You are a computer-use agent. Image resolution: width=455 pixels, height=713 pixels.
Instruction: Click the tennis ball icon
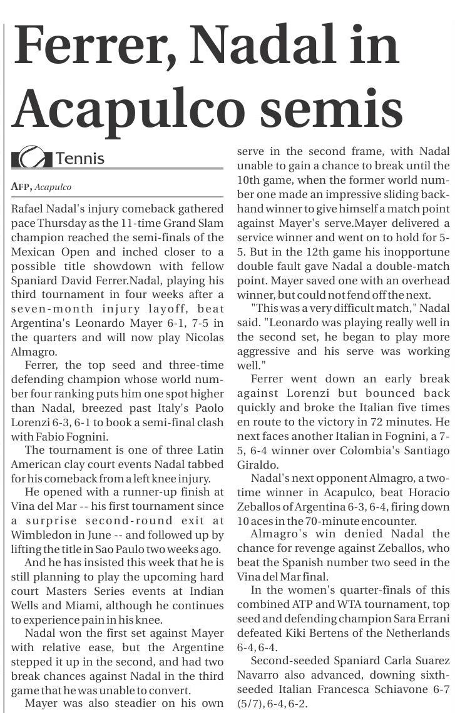click(32, 157)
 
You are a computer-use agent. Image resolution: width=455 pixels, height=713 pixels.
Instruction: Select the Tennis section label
click(80, 158)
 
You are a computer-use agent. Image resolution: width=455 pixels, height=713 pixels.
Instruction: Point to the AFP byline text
click(21, 187)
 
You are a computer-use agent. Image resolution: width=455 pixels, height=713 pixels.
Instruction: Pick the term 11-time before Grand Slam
click(163, 223)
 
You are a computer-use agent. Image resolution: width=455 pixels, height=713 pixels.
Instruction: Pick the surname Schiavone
click(381, 689)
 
